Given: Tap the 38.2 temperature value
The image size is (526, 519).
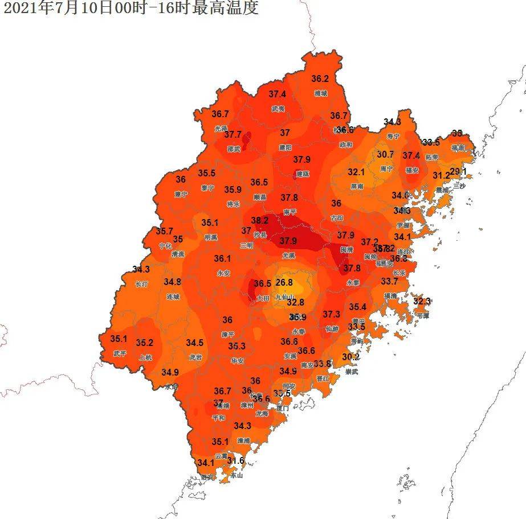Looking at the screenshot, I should [259, 220].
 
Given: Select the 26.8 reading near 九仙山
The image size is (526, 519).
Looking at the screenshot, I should [284, 282].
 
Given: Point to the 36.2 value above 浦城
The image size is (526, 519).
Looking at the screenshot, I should [320, 79].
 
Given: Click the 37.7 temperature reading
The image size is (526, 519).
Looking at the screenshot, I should [233, 135].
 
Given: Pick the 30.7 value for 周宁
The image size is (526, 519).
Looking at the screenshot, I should [385, 154].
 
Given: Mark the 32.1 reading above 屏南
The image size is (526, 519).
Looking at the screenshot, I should [356, 172].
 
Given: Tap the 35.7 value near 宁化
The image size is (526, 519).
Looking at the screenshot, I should [164, 231].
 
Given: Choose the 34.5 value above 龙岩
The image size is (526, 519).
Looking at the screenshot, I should [195, 343].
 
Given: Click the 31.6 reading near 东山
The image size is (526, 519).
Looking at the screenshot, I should [235, 460].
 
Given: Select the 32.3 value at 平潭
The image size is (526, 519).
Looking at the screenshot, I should [422, 301].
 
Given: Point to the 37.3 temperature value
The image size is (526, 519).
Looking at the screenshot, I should [331, 314].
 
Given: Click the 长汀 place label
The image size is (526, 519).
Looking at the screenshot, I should [141, 283].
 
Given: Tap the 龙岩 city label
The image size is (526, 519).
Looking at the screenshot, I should [195, 357].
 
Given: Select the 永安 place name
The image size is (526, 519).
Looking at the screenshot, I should [223, 273].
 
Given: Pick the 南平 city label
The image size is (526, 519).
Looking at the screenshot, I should [289, 212].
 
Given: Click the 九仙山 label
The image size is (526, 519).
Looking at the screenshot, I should [284, 296].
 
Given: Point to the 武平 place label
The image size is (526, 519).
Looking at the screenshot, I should [120, 353].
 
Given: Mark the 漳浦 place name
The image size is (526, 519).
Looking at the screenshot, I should [244, 440].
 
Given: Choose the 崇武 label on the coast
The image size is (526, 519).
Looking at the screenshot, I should [351, 372].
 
